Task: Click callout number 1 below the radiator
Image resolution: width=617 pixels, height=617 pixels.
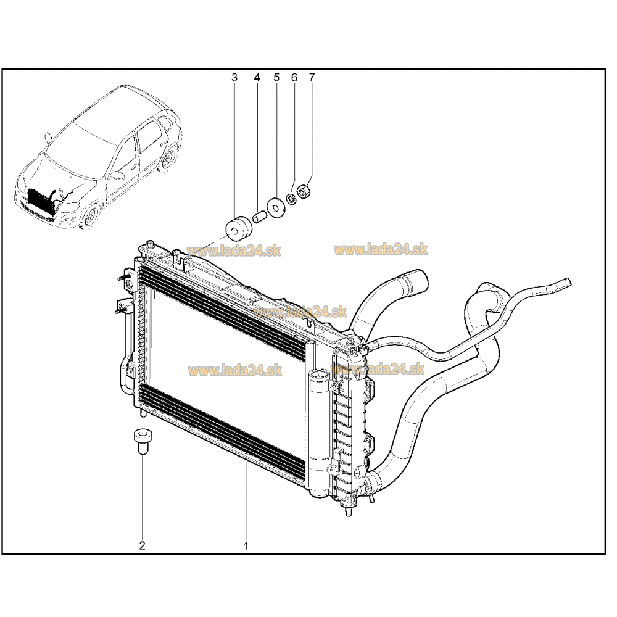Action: click(246, 546)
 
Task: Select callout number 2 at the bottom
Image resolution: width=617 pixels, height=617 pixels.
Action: click(142, 545)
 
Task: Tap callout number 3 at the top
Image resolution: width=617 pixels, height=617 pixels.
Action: click(234, 78)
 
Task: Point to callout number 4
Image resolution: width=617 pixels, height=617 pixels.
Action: click(257, 78)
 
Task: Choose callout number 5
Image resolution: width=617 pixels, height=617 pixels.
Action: click(276, 78)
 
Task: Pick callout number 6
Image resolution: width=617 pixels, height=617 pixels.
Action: click(294, 78)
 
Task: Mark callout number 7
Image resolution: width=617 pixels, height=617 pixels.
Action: click(312, 78)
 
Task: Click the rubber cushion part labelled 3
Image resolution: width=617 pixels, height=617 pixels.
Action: click(238, 229)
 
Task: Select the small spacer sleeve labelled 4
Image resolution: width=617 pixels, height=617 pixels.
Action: click(260, 217)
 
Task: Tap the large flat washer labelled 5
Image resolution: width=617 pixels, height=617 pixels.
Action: click(276, 207)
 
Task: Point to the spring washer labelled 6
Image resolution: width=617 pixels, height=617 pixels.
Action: click(292, 199)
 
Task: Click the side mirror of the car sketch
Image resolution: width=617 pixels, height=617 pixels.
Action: click(49, 137)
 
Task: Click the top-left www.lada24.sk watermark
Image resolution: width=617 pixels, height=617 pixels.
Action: click(234, 251)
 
